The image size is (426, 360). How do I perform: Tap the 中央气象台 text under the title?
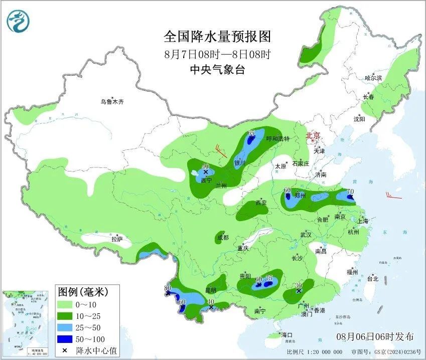point(217,70)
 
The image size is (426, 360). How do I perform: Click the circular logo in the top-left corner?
point(18,21)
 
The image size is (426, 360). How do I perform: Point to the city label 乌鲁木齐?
point(111,102)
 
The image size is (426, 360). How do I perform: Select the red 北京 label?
point(313,135)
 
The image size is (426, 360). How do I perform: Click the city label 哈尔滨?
point(373,78)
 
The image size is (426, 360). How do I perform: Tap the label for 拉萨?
point(116,239)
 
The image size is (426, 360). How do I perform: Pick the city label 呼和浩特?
point(277,139)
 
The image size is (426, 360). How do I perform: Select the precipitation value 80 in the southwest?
point(168,288)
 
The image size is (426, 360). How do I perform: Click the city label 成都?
point(223,237)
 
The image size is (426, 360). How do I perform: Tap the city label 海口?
point(287,335)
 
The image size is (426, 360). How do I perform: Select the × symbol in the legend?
point(65,350)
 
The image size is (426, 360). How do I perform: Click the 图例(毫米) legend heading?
point(82,291)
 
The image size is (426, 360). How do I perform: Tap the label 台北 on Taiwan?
point(373,279)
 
